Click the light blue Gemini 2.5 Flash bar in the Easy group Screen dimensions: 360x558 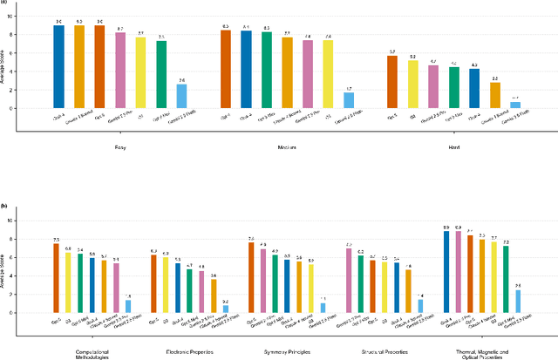pyautogui.click(x=181, y=96)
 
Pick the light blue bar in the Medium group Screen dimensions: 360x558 pyautogui.click(x=349, y=100)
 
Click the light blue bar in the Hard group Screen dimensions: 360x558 pyautogui.click(x=515, y=105)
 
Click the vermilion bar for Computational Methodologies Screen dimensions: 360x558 pyautogui.click(x=57, y=277)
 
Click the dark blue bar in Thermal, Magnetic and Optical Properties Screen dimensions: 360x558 pyautogui.click(x=446, y=271)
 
